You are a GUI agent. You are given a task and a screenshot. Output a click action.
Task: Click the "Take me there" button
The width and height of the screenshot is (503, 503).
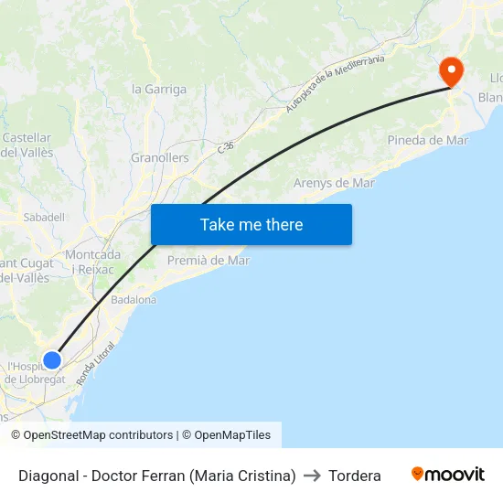(x=251, y=225)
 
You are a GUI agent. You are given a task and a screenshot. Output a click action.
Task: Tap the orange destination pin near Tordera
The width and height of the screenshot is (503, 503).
(x=452, y=70)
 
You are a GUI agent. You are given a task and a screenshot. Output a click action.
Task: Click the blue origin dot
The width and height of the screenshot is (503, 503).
(x=52, y=360)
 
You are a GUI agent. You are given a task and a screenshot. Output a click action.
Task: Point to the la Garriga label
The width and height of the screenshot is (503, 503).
(x=159, y=90)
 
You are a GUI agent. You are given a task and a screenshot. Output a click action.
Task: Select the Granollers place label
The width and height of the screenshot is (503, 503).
(x=160, y=158)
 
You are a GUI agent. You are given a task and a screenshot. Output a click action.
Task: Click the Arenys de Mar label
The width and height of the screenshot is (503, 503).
(x=334, y=183)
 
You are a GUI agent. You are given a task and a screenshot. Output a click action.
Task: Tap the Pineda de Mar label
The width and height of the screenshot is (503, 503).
(x=428, y=141)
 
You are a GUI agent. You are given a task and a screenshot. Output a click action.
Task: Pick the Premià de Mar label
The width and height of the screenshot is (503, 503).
(x=209, y=261)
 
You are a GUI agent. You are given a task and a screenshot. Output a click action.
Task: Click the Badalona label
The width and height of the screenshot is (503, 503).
(x=134, y=299)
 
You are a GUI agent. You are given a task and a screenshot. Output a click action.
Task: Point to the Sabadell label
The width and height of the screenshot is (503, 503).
(x=44, y=218)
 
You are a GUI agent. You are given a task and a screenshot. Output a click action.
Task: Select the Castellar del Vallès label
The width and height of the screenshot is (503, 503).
(x=27, y=145)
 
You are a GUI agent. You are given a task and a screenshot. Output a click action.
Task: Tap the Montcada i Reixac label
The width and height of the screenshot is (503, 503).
(x=93, y=262)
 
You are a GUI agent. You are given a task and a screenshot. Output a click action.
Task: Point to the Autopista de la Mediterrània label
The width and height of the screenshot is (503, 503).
(x=335, y=83)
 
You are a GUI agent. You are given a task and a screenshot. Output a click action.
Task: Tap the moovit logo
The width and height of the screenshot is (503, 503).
(x=448, y=475)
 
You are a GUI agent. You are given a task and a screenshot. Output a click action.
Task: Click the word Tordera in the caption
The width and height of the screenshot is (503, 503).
(x=354, y=476)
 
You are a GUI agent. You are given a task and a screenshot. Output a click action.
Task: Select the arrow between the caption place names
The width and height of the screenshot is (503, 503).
(x=311, y=476)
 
